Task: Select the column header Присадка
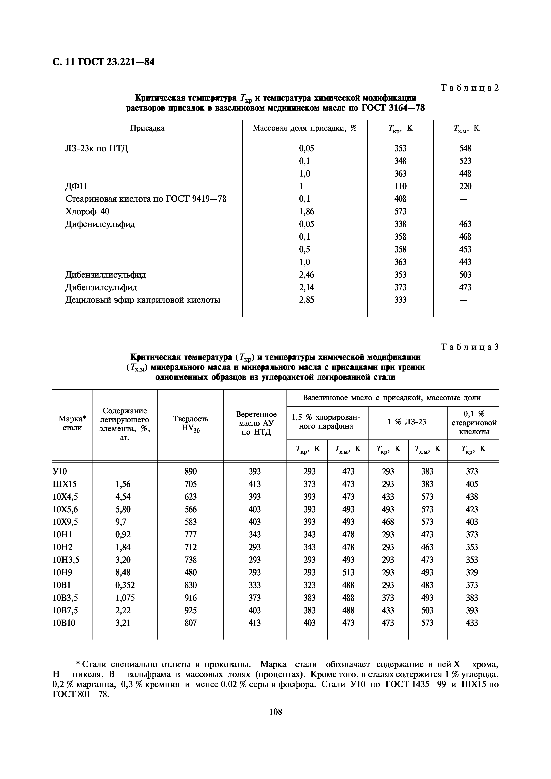coord(147,128)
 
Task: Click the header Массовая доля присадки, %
coord(305,128)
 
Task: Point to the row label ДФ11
coord(76,186)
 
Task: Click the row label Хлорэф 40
coord(87,211)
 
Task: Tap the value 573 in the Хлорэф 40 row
coord(400,211)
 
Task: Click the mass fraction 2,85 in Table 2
coord(306,300)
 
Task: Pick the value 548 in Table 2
coord(465,148)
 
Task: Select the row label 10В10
coord(64,623)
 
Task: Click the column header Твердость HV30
coord(190,423)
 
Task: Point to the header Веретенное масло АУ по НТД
coord(256,423)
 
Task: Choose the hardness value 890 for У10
coord(190,471)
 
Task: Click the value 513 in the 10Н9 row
coord(348,572)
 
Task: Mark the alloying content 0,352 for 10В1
coord(125,585)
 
